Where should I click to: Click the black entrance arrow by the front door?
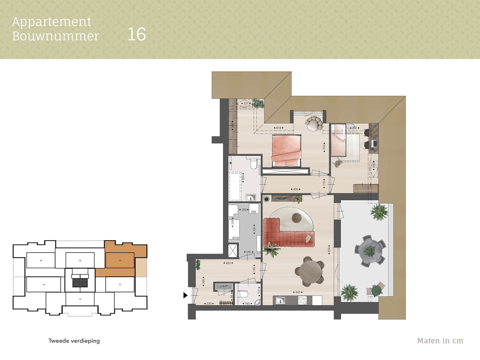pos(185,295)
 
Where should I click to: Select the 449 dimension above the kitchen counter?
pos(298,292)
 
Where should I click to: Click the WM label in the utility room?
pos(254,212)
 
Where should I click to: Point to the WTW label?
pos(235,238)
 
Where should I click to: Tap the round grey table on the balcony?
pos(370,250)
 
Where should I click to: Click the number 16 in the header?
pos(137,34)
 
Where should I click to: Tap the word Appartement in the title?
pos(52,22)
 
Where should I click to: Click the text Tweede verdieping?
pos(74,341)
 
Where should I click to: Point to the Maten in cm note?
pos(440,341)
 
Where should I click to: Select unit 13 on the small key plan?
pos(44,285)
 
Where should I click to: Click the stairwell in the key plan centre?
pos(80,281)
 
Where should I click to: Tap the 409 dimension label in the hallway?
pos(295,189)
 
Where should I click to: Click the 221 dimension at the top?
pos(246,103)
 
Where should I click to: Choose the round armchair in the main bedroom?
pos(314,123)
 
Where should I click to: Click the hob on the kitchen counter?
pos(302,300)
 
